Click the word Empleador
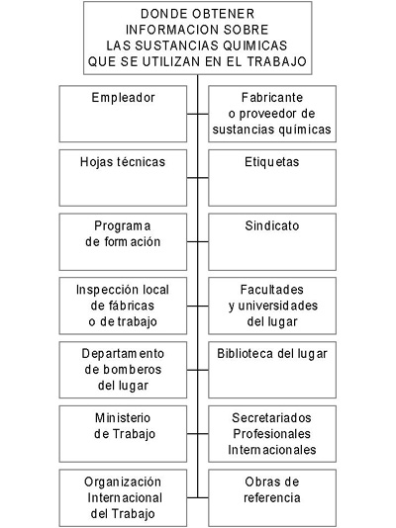click(124, 98)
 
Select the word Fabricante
click(272, 98)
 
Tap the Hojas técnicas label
click(123, 162)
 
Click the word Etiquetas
click(272, 162)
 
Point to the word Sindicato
click(272, 225)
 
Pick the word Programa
click(123, 226)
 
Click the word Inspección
click(108, 291)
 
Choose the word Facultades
click(272, 290)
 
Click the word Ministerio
click(123, 418)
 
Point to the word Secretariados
click(271, 418)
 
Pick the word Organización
click(123, 483)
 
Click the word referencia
click(272, 497)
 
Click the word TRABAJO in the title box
click(276, 61)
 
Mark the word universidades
click(278, 306)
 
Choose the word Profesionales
click(271, 434)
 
